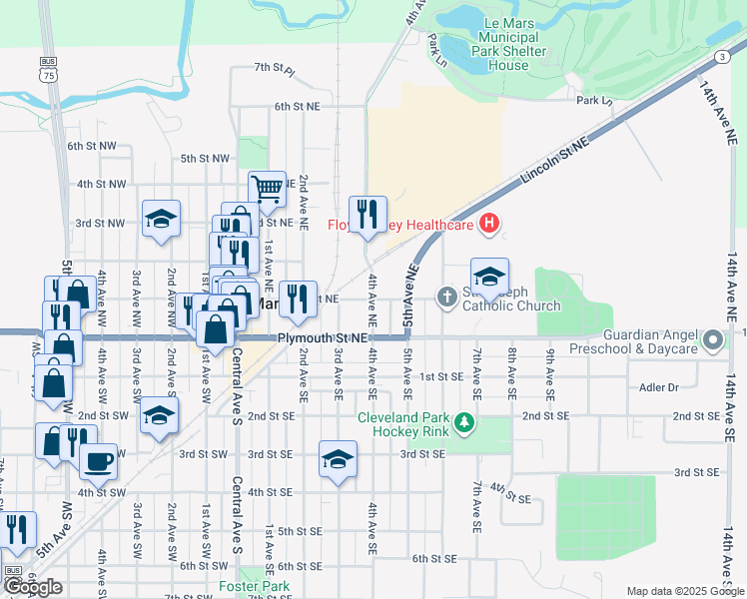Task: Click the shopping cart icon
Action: (x=267, y=187)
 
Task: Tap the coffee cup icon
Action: (x=98, y=460)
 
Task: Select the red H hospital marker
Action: (x=488, y=224)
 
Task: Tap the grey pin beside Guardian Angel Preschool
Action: (x=713, y=341)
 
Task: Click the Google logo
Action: (x=34, y=587)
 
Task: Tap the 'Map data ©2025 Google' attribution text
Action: (x=685, y=591)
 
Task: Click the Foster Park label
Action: (x=241, y=587)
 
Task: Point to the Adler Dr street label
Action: (x=659, y=386)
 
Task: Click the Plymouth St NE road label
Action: (x=324, y=339)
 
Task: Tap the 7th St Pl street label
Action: (x=275, y=68)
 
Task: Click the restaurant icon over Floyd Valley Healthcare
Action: (x=368, y=214)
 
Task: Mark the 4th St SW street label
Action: (x=101, y=492)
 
